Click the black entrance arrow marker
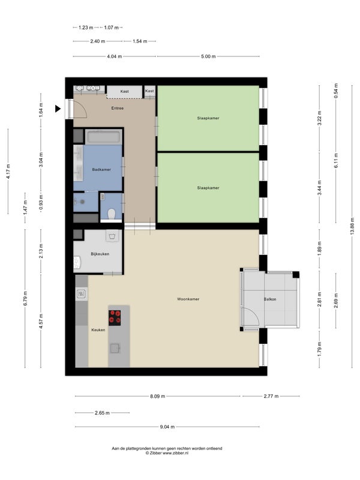(58, 109)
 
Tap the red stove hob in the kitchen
(115, 318)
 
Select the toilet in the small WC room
(111, 214)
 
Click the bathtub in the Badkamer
(103, 137)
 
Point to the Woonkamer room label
(188, 299)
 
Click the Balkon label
(269, 299)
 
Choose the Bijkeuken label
(100, 254)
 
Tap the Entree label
(118, 108)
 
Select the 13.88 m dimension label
(352, 226)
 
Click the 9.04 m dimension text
(167, 427)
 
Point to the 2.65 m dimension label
(102, 413)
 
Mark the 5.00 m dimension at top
(208, 56)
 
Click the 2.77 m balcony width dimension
(271, 396)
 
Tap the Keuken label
(98, 329)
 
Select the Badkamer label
(101, 169)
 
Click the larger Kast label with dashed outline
(124, 91)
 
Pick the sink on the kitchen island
(115, 348)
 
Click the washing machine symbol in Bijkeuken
(112, 235)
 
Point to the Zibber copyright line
(167, 453)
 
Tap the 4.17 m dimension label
(8, 172)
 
